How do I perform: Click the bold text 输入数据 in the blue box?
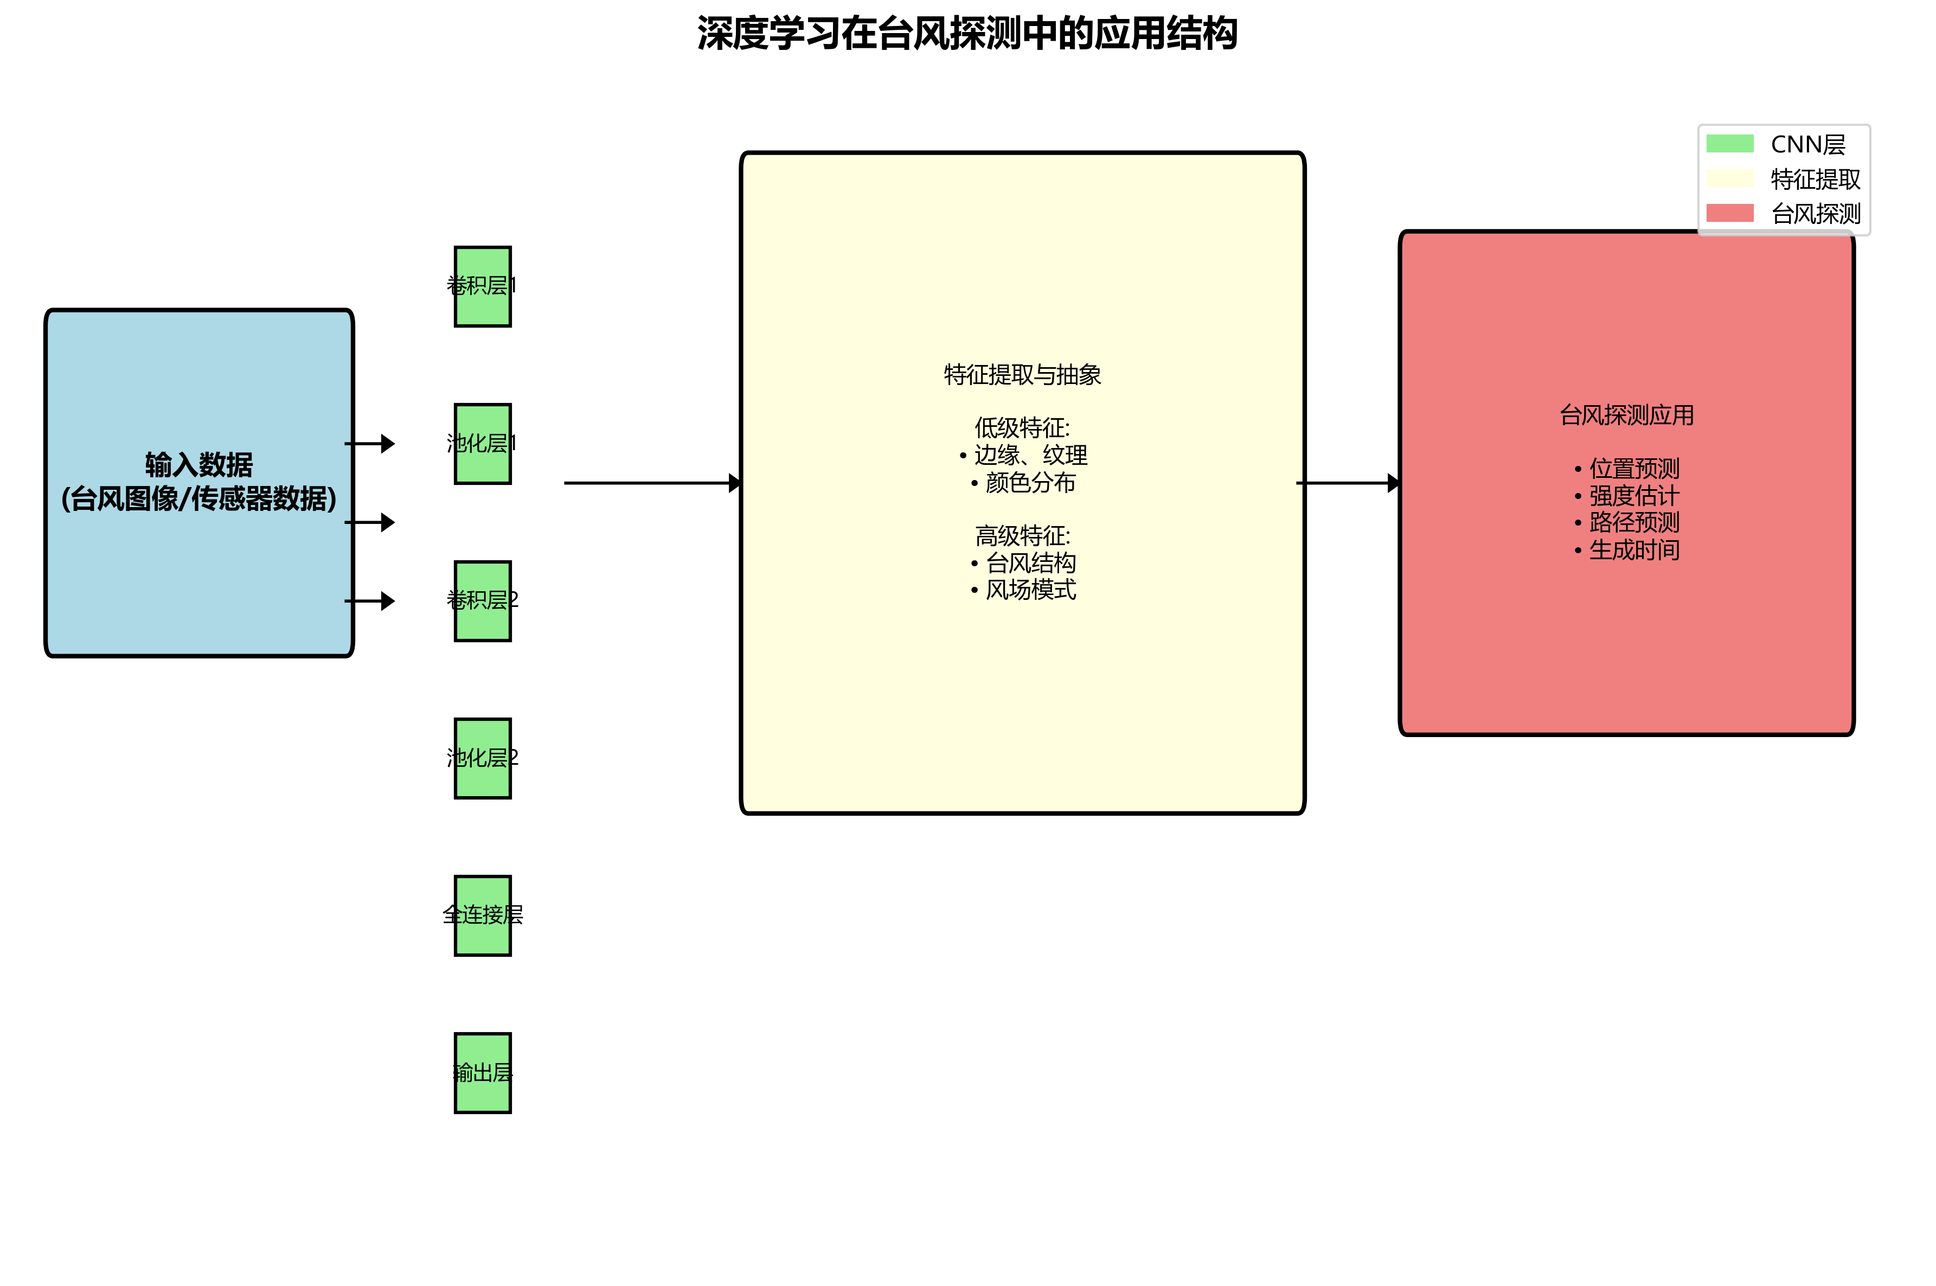pyautogui.click(x=198, y=465)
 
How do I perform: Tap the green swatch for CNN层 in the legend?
pyautogui.click(x=1729, y=144)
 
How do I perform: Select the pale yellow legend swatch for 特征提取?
pyautogui.click(x=1729, y=179)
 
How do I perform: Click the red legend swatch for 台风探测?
pyautogui.click(x=1729, y=213)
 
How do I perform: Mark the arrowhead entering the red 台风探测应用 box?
pyautogui.click(x=1393, y=483)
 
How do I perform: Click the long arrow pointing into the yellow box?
pyautogui.click(x=648, y=483)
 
